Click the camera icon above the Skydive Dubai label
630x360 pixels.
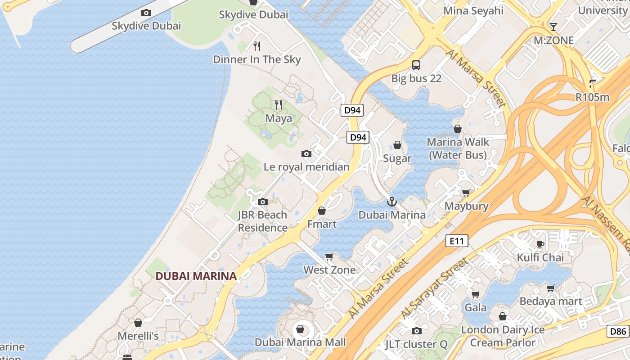[x=146, y=13]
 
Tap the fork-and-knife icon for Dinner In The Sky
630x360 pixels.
[x=257, y=46]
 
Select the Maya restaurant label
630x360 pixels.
[x=279, y=118]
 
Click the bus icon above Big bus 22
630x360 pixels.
[x=416, y=65]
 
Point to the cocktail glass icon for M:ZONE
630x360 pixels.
[x=553, y=27]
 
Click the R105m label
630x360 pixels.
[x=592, y=97]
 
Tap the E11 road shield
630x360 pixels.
[x=456, y=241]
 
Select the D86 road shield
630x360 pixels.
[x=617, y=332]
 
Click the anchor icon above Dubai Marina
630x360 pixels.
[x=391, y=202]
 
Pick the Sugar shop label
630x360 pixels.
[x=397, y=158]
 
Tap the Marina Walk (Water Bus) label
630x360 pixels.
[x=458, y=148]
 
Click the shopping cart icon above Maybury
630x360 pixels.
[x=466, y=193]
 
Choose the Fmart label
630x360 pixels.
[x=322, y=224]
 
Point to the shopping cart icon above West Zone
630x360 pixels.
[x=329, y=257]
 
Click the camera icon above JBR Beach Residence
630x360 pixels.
[x=262, y=202]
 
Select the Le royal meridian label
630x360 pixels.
[x=306, y=167]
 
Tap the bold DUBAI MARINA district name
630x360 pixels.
[x=196, y=276]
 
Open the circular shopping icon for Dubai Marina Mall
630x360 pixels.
[x=300, y=329]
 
